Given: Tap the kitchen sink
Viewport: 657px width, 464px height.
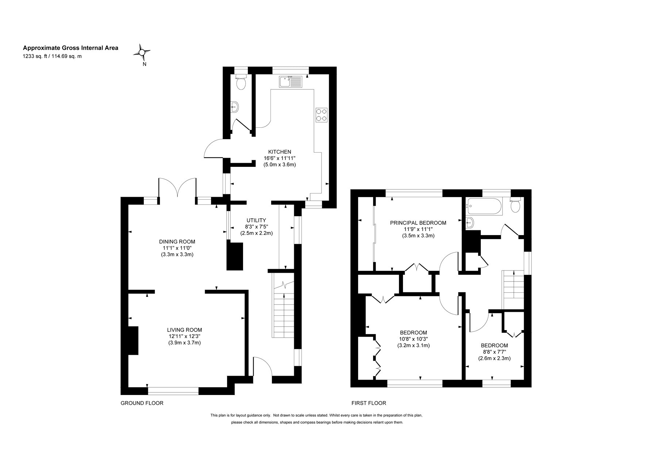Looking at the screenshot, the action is [291, 81].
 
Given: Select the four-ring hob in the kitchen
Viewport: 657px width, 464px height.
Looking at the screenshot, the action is [321, 115].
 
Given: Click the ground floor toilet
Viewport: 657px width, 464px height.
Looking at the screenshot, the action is [241, 82].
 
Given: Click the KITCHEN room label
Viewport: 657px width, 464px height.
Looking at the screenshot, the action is [280, 152].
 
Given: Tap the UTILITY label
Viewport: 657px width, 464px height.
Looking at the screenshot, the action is [256, 220].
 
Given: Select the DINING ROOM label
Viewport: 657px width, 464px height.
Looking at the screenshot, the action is [177, 241].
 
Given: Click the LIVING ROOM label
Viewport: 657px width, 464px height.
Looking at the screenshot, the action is [184, 330].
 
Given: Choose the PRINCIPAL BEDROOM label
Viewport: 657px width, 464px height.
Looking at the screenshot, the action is [418, 223].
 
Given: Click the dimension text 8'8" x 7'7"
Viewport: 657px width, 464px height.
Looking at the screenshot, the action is [494, 352].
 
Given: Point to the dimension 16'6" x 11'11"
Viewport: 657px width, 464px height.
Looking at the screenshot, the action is [280, 158].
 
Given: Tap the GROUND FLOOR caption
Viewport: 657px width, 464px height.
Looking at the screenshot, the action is [142, 403].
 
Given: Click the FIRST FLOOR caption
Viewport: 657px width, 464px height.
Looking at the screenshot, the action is [369, 403].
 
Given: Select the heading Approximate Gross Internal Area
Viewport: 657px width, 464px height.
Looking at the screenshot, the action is [70, 47].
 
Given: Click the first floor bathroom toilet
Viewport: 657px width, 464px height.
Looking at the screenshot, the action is [515, 205].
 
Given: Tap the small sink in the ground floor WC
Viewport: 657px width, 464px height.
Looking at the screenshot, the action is [235, 107].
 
